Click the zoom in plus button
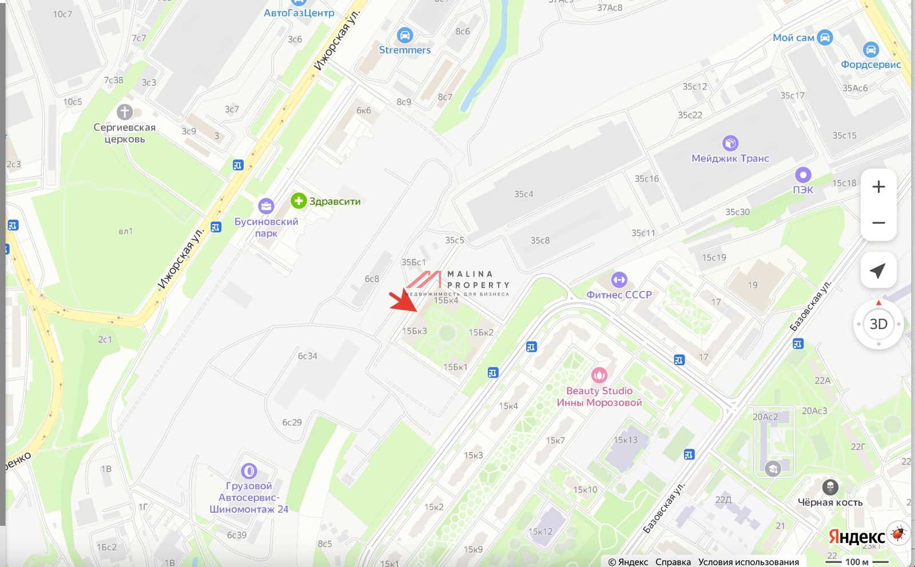click(x=878, y=187)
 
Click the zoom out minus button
click(x=878, y=222)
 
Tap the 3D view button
click(x=878, y=324)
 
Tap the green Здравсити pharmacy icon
click(x=299, y=201)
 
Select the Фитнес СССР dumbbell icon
click(x=619, y=279)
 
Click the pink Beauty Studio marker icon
click(x=599, y=375)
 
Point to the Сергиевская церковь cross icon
click(x=125, y=112)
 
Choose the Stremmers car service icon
click(x=404, y=35)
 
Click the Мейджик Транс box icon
click(x=730, y=143)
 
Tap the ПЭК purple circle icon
click(x=803, y=175)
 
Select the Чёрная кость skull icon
click(x=830, y=487)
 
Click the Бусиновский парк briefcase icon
click(x=266, y=206)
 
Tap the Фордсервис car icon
click(x=870, y=50)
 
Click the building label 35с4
click(x=523, y=194)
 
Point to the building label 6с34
click(x=307, y=356)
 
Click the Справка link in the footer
click(x=673, y=562)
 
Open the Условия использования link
click(x=748, y=562)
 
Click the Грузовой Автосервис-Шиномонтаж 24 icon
click(x=249, y=471)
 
